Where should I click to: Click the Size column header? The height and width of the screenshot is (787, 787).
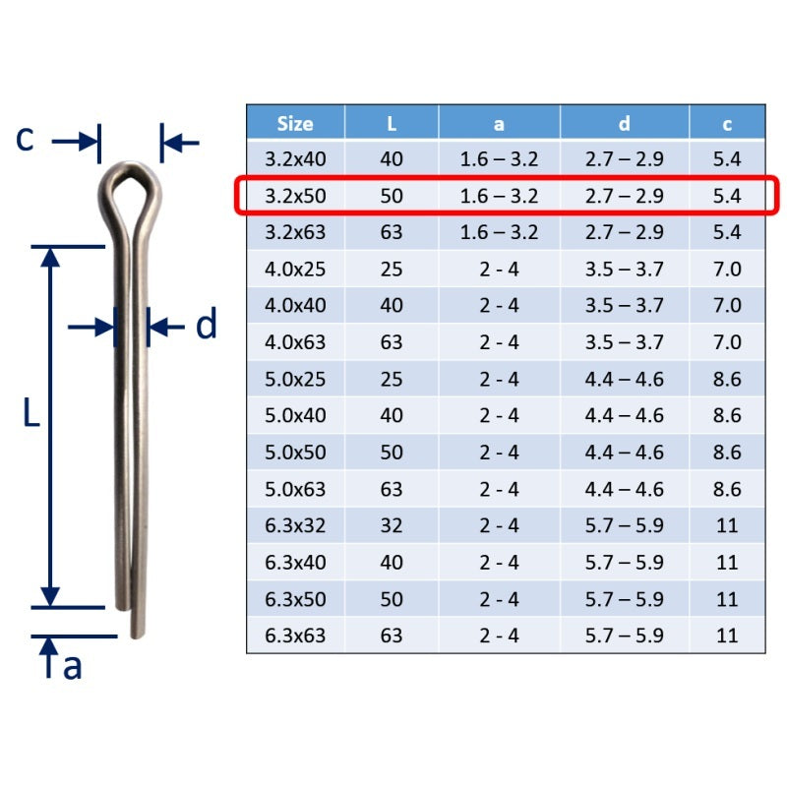295,124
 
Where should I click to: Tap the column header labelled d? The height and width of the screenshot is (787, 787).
624,124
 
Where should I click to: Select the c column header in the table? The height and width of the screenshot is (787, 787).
727,124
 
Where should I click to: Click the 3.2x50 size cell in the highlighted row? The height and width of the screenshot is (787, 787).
295,196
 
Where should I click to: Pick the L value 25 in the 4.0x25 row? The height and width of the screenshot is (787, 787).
391,269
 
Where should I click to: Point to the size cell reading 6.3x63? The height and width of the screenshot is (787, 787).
295,636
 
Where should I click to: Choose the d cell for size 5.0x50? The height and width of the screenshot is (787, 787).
624,453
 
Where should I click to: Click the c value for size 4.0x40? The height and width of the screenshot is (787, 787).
727,305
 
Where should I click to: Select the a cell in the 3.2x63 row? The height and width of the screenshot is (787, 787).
499,232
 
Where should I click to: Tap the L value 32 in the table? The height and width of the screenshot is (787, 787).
391,525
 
